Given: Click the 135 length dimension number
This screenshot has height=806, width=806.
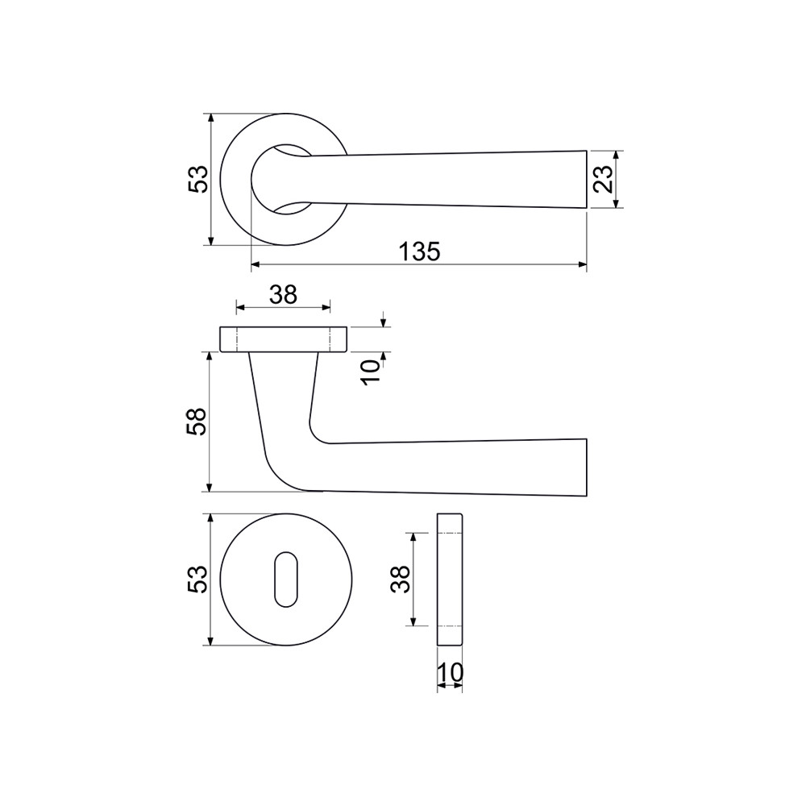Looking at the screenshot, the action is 419,251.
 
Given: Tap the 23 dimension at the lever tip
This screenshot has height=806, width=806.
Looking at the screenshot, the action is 604,179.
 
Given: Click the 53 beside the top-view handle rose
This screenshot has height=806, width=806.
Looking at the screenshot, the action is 198,179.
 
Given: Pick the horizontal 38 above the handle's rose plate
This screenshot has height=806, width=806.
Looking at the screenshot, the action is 283,295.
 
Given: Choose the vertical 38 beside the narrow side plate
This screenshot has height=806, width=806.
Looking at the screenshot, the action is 401,580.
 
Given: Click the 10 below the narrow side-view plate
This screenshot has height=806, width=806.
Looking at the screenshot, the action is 450,672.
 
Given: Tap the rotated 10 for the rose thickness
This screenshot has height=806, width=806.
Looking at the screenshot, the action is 371,372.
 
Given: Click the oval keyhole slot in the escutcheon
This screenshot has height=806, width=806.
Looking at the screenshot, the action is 286,580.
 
